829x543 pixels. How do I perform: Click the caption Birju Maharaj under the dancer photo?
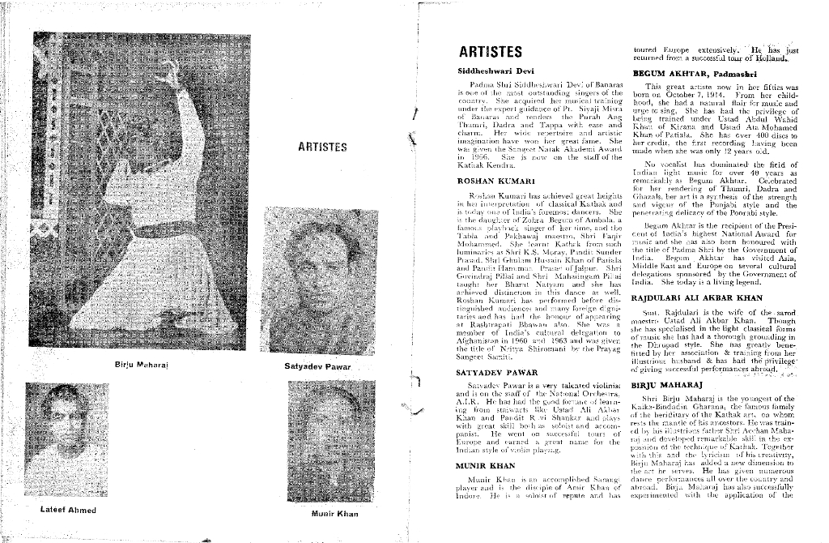tap(141, 365)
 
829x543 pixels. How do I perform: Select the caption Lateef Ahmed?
tap(69, 511)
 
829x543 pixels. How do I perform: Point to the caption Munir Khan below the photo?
tap(334, 515)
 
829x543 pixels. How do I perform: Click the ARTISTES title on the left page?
tap(322, 147)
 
